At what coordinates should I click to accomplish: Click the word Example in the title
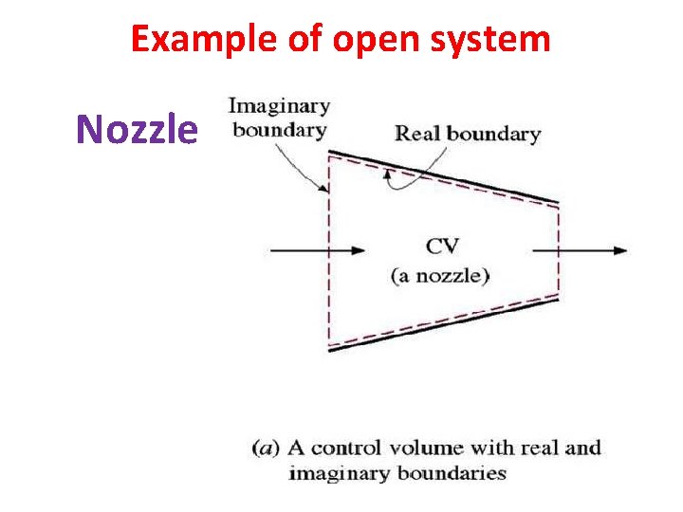click(x=189, y=39)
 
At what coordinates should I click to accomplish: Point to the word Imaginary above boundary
click(x=279, y=106)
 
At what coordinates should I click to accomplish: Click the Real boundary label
click(x=467, y=133)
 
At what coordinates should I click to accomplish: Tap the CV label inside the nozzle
click(x=442, y=246)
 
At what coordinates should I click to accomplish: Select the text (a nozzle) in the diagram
click(x=441, y=277)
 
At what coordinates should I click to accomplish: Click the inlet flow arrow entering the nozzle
click(x=317, y=250)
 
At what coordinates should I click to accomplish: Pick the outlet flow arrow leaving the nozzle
click(x=580, y=250)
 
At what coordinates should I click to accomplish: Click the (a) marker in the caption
click(x=265, y=448)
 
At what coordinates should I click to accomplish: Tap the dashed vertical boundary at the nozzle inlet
click(x=328, y=250)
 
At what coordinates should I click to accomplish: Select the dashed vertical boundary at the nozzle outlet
click(x=559, y=250)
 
